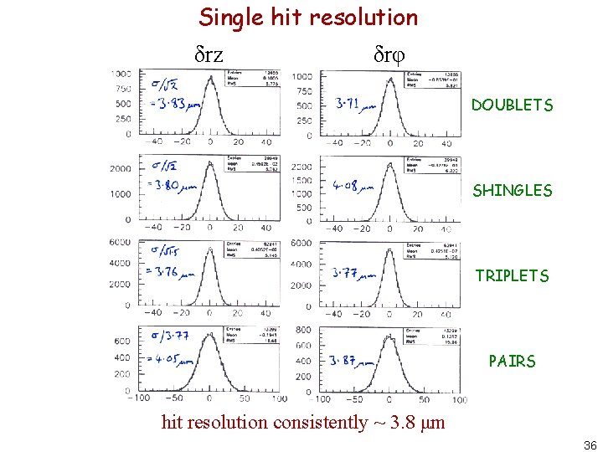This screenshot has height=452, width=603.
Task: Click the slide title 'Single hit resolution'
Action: tap(307, 17)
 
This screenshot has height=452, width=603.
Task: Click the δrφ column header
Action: tap(389, 55)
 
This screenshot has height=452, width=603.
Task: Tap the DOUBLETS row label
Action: tap(512, 105)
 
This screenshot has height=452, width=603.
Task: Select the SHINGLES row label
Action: tap(512, 191)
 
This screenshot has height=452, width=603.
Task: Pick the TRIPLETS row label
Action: tap(512, 275)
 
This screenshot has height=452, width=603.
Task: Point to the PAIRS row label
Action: tap(512, 362)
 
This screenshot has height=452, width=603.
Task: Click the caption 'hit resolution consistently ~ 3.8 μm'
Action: tap(302, 422)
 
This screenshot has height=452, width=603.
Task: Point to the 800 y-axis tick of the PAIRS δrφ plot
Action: tap(303, 330)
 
